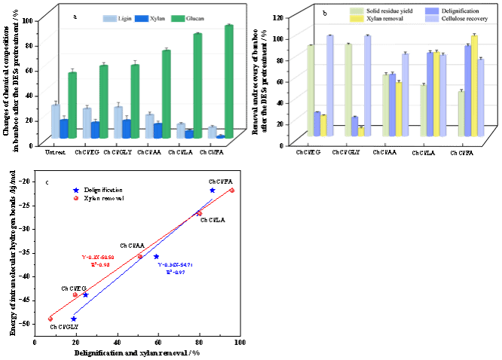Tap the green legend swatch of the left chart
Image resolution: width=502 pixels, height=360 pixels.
tap(178, 19)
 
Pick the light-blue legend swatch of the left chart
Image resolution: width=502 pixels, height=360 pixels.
tap(109, 19)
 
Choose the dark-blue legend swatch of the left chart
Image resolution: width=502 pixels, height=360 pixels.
tap(141, 19)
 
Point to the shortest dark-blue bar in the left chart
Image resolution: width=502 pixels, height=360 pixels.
tap(220, 137)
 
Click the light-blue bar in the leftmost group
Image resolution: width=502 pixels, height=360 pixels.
tap(56, 121)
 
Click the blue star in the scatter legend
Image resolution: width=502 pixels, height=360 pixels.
tap(75, 191)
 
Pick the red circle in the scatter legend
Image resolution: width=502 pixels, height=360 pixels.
tap(75, 198)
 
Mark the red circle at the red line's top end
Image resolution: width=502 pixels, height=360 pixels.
tap(231, 191)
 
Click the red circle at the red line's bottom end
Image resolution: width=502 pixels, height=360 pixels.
tap(50, 319)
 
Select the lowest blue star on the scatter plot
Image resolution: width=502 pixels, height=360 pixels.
tap(73, 319)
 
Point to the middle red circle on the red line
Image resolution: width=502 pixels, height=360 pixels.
tap(139, 257)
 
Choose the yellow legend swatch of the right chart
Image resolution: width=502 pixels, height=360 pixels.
tap(357, 19)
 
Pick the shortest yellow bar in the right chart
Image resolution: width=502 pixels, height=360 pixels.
tap(361, 132)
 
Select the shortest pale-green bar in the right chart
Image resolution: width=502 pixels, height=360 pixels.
tap(461, 114)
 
